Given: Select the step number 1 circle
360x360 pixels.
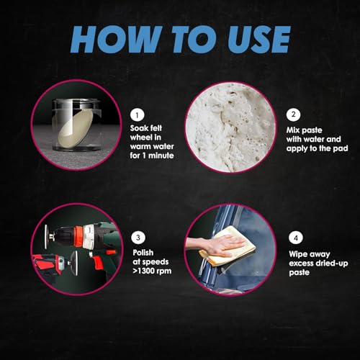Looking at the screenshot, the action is point(138,115).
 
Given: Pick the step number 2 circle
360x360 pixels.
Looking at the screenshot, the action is point(293,114).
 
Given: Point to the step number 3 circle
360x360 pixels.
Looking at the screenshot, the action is point(138,238).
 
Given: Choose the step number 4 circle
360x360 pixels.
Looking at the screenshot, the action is point(296,238).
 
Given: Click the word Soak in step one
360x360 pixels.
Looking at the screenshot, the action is point(138,128).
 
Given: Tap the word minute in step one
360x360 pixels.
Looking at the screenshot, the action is point(161,156).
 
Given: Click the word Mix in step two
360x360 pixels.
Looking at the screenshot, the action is point(292,130).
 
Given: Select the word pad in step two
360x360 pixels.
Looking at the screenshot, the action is point(341,148).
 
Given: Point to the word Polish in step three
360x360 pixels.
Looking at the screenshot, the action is point(143,253).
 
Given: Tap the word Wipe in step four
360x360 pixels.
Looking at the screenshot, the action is point(297,254).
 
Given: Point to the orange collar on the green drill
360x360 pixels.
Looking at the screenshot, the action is point(78,235).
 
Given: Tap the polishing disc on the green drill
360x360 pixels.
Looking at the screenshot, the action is point(46,237).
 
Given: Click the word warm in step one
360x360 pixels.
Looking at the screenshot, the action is point(140,146).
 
